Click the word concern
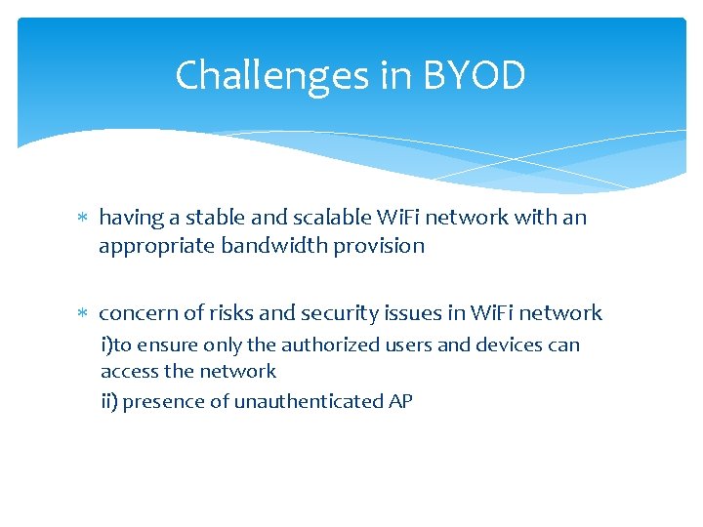tap(137, 313)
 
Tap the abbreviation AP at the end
tap(400, 401)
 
